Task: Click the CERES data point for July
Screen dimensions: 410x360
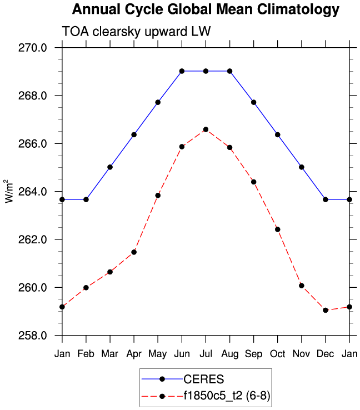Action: point(206,71)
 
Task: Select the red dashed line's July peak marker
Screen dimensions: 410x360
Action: point(206,129)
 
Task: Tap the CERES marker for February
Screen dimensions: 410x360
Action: point(86,199)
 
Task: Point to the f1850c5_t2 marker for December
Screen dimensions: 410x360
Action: point(326,310)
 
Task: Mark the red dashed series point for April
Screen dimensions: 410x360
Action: point(134,252)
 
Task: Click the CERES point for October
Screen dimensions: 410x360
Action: point(278,134)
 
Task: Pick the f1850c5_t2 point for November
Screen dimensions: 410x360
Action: point(302,286)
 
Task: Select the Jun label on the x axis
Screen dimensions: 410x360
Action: point(182,354)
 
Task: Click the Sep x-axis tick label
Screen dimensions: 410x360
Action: point(254,354)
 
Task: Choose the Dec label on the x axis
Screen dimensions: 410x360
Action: point(326,354)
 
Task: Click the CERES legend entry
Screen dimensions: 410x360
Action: point(203,379)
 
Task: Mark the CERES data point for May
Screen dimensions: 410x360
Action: point(158,102)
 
